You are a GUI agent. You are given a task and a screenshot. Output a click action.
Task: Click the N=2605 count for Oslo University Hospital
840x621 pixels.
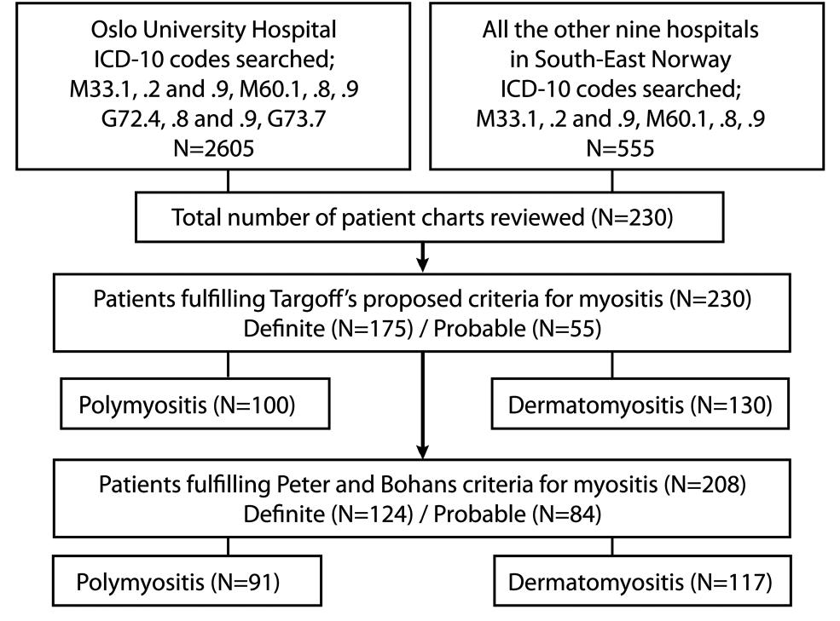(x=214, y=148)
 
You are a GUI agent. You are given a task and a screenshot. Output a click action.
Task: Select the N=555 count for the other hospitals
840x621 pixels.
(x=620, y=148)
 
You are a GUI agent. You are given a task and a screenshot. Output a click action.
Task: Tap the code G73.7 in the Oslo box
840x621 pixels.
(x=296, y=119)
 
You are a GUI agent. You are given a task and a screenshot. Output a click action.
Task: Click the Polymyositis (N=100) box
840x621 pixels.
(x=195, y=404)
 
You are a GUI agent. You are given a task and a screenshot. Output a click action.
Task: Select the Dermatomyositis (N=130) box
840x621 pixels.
(x=640, y=404)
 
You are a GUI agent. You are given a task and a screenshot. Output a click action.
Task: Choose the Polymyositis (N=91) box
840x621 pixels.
(x=187, y=581)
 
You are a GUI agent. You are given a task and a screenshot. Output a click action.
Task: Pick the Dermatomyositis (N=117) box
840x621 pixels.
(x=642, y=581)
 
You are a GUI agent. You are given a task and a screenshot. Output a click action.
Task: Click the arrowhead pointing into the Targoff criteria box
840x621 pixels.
(x=423, y=264)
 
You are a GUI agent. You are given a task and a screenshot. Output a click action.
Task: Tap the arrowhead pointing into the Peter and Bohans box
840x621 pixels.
(x=423, y=451)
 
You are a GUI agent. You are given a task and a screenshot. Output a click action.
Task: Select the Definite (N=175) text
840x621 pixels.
(x=328, y=328)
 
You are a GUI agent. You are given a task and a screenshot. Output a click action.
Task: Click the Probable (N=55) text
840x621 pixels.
(x=518, y=328)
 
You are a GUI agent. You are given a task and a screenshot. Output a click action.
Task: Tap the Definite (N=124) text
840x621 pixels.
(x=328, y=514)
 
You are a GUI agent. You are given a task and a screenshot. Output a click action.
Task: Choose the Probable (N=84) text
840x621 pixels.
(x=518, y=514)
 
